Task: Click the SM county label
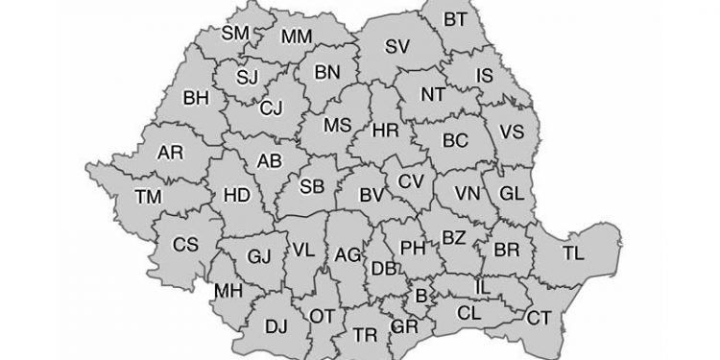point(235,34)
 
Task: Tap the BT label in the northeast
point(455,19)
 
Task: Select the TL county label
point(572,253)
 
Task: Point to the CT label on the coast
point(540,318)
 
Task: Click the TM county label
point(149,197)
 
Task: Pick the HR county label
point(384,130)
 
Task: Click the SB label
point(312,185)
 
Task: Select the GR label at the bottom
point(404,328)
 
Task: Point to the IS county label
point(485,74)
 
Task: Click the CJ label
point(271,108)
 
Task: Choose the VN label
point(467,192)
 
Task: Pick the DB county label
point(383,268)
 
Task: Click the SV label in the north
point(397,46)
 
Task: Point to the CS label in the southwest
point(185,245)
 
